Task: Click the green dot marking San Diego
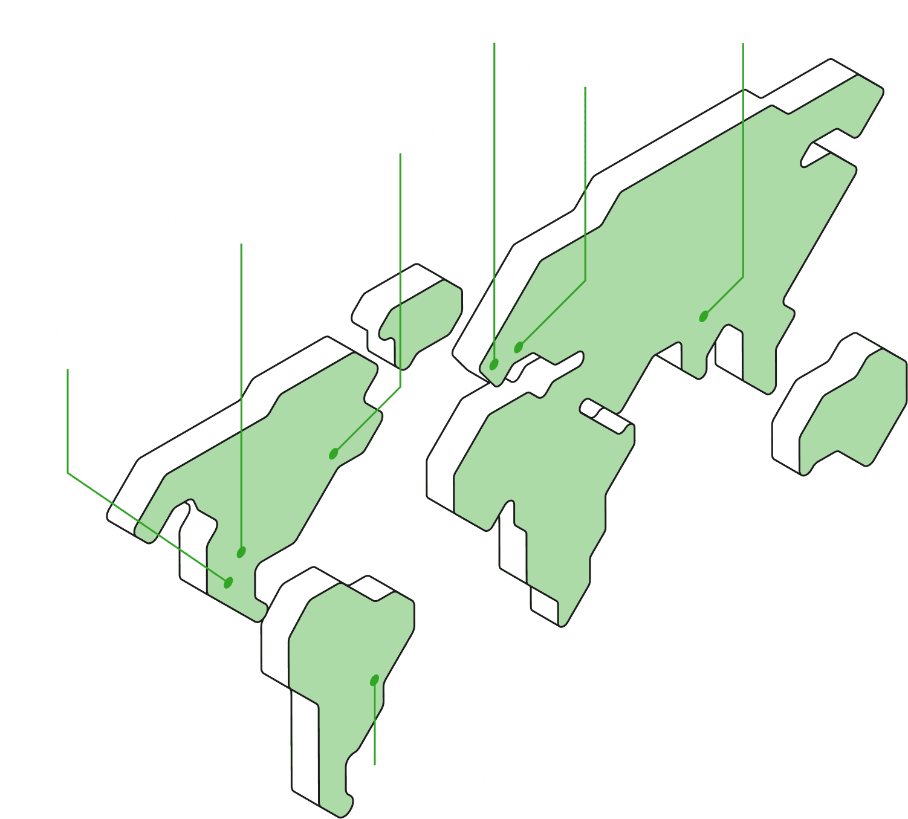pos(228,583)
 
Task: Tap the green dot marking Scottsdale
pos(241,552)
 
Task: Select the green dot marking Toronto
pos(333,453)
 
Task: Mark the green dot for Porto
pos(494,364)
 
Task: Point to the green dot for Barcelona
pos(518,348)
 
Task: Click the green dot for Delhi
pos(704,316)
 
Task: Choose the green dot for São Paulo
pos(374,681)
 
